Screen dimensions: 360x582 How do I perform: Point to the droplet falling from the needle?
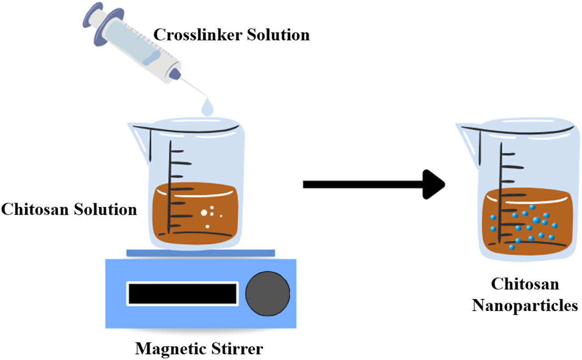tap(207, 107)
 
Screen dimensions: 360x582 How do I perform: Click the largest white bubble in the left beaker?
tap(204, 213)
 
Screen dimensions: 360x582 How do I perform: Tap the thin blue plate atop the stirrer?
tap(201, 253)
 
